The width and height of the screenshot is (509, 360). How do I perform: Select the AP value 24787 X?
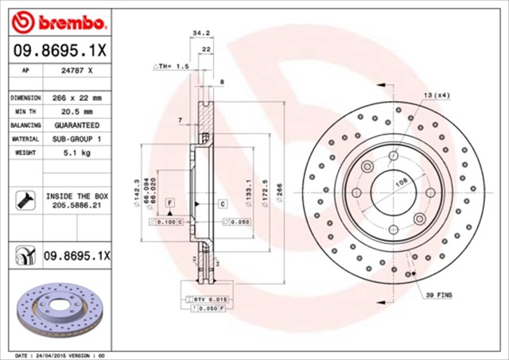[76, 70]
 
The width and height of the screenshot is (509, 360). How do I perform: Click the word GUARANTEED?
[76, 126]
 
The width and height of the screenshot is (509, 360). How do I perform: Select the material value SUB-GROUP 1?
[76, 139]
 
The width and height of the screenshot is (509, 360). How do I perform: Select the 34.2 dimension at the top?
[201, 33]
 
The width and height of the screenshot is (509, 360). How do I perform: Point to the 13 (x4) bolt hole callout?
[436, 95]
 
